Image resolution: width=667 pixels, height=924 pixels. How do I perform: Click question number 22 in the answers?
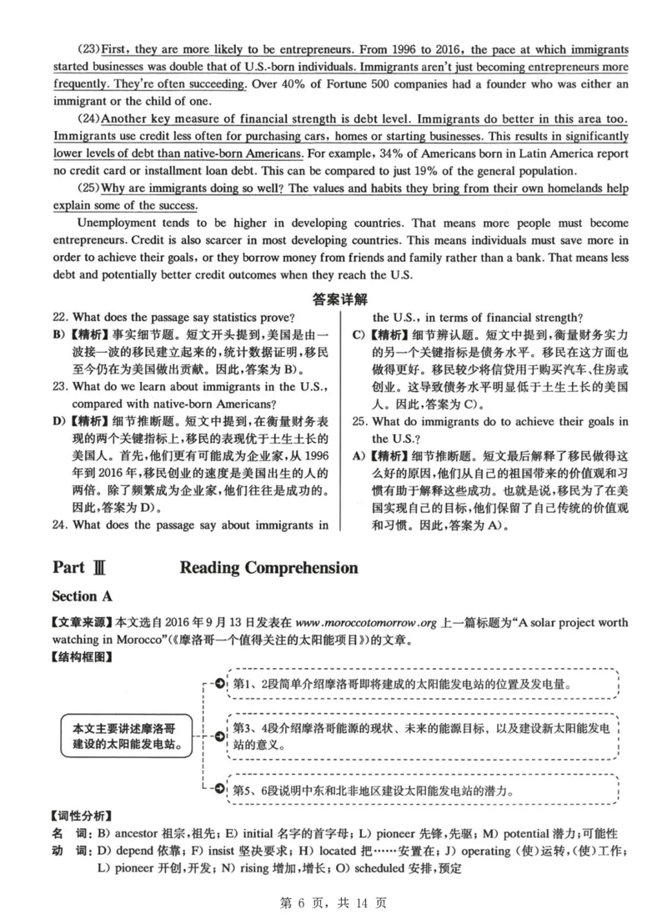[58, 317]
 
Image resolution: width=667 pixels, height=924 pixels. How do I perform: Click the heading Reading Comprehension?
[268, 568]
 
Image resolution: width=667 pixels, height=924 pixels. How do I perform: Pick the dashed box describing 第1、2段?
[422, 684]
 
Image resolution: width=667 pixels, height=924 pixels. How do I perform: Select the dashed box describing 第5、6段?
[422, 789]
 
